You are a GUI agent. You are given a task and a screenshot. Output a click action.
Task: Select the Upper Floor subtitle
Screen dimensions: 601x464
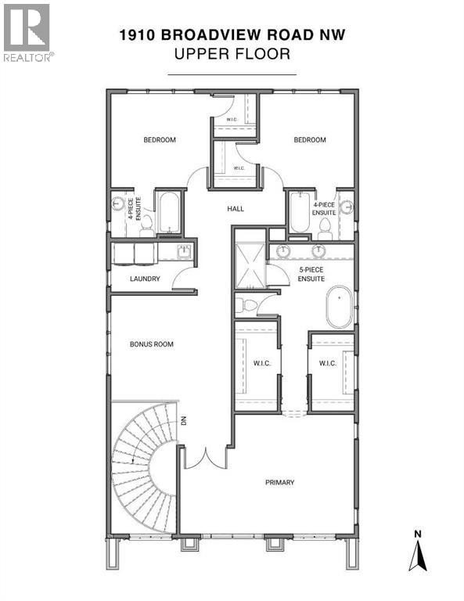232,55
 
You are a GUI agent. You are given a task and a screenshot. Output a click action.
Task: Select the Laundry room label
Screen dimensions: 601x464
145,279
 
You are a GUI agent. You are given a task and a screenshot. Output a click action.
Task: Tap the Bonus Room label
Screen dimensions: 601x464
152,344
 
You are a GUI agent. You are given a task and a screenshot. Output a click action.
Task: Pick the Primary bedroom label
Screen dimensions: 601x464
279,482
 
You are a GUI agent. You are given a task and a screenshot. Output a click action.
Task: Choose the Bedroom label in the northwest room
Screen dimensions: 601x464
159,140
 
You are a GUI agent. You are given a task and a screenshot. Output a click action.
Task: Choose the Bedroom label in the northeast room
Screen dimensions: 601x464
310,140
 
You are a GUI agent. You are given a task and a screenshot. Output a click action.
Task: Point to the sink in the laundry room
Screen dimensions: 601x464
184,252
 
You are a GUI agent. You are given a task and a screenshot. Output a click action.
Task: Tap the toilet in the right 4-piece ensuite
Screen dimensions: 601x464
326,227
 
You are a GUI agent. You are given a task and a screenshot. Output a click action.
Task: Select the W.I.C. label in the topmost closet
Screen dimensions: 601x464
232,120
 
